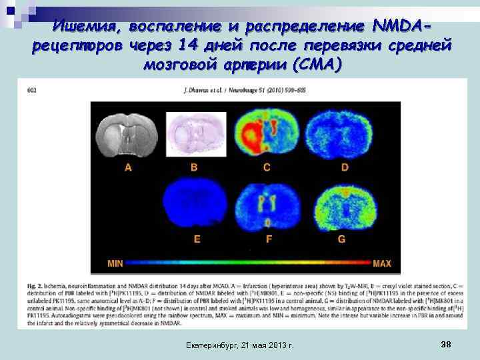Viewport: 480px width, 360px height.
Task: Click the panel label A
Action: (x=128, y=167)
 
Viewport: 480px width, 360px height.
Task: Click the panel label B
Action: (x=194, y=167)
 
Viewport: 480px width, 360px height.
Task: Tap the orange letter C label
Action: (x=267, y=167)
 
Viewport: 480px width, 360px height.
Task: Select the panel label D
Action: (x=345, y=167)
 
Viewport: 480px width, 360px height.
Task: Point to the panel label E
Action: (x=197, y=238)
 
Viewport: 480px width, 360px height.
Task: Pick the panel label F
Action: (x=269, y=238)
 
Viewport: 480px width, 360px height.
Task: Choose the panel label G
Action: (x=342, y=238)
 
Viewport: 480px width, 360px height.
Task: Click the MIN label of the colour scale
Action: (x=115, y=264)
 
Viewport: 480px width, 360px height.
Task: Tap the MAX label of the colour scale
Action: (x=382, y=264)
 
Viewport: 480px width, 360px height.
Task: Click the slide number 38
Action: (x=446, y=343)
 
